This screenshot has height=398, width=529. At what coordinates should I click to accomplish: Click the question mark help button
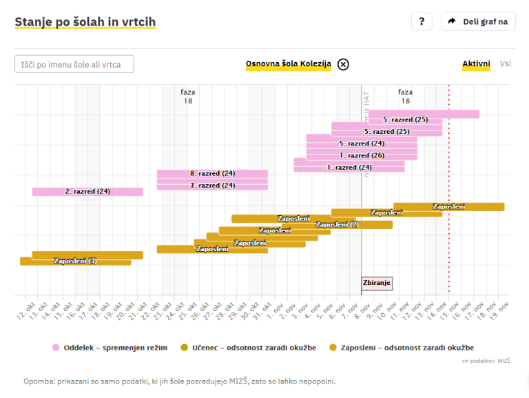click(x=422, y=21)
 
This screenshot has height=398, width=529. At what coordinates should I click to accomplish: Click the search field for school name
click(x=74, y=64)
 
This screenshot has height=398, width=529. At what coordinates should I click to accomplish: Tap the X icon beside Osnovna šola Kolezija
click(x=343, y=64)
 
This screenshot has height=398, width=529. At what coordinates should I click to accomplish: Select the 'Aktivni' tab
click(x=476, y=64)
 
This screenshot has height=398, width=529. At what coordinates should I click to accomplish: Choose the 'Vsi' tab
click(x=506, y=64)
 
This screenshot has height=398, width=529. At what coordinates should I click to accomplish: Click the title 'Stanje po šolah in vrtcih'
click(x=85, y=22)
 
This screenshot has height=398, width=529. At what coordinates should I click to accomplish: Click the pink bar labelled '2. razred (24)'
click(x=87, y=191)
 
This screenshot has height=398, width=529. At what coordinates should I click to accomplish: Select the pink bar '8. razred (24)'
click(x=212, y=173)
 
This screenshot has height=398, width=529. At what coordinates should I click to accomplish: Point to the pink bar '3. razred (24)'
click(x=212, y=185)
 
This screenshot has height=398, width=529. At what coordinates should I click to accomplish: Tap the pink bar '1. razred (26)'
click(x=362, y=155)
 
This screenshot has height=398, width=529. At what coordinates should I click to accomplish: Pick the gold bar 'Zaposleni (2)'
click(x=338, y=224)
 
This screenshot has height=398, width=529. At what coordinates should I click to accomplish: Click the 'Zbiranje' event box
click(x=377, y=283)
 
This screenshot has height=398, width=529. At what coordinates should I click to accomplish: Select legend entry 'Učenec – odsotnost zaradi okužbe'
click(x=248, y=348)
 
